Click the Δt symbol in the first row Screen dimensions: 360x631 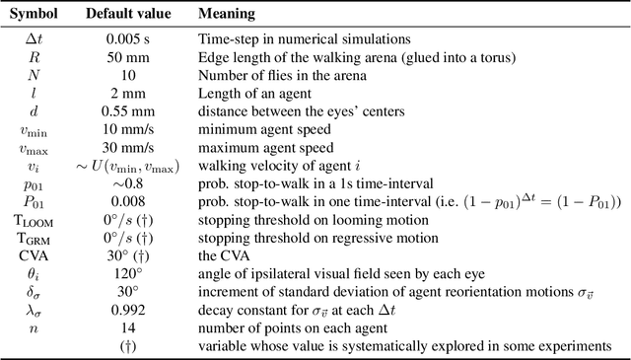[35, 38]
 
